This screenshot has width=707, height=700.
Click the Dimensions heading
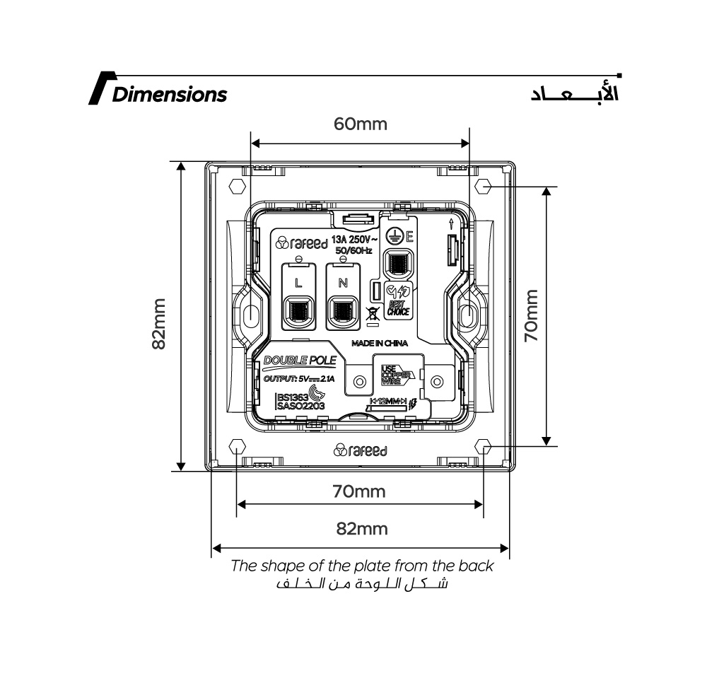coord(169,95)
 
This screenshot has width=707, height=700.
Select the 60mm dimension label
coord(361,124)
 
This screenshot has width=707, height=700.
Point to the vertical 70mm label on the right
coord(531,315)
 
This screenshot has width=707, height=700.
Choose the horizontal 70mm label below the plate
coord(360,491)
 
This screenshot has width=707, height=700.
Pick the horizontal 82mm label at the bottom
coord(361,529)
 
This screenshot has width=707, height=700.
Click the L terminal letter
coord(298,282)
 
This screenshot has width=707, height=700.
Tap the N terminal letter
coord(343,282)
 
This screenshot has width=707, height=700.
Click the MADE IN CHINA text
coord(380,343)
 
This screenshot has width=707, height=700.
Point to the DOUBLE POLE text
coord(299,361)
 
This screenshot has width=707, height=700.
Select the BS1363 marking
coord(293,397)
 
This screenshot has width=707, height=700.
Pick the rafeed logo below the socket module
coord(360,450)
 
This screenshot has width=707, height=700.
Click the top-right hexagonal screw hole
coord(484,187)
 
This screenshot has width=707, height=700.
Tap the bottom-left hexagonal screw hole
coord(237,447)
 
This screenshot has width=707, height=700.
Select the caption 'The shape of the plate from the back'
coord(362,566)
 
